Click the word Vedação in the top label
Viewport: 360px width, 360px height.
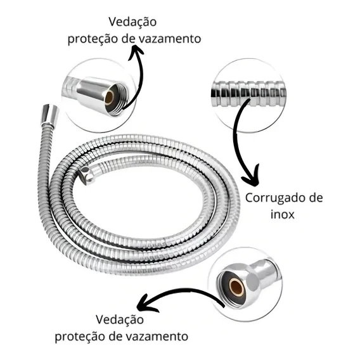tap(132, 22)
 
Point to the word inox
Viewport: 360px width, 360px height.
tap(283, 214)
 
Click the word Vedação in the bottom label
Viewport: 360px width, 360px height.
tap(120, 319)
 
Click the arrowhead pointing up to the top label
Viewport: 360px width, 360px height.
tap(136, 52)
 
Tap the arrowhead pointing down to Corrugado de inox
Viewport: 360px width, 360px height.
tap(252, 177)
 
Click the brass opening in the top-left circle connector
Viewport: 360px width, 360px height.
tap(109, 98)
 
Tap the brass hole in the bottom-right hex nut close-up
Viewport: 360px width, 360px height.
tap(236, 287)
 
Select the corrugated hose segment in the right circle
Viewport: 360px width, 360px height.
tap(248, 94)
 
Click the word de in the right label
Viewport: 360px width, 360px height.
tap(316, 198)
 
